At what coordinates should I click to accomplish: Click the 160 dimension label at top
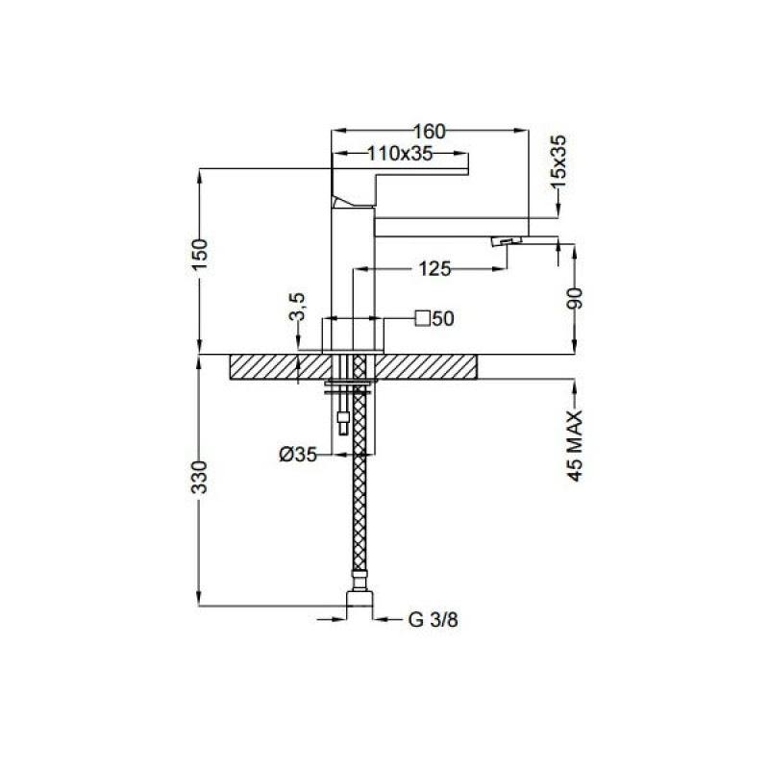(430, 132)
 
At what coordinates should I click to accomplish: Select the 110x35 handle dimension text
(400, 154)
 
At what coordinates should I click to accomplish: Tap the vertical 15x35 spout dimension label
(558, 161)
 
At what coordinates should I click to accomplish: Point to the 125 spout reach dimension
(434, 269)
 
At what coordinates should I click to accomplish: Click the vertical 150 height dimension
(201, 254)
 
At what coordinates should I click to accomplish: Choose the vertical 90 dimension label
(575, 298)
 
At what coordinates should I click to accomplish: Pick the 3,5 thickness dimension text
(297, 307)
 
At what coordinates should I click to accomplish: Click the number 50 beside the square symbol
(444, 319)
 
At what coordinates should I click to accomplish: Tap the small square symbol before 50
(423, 318)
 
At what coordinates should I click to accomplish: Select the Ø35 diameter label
(298, 455)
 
